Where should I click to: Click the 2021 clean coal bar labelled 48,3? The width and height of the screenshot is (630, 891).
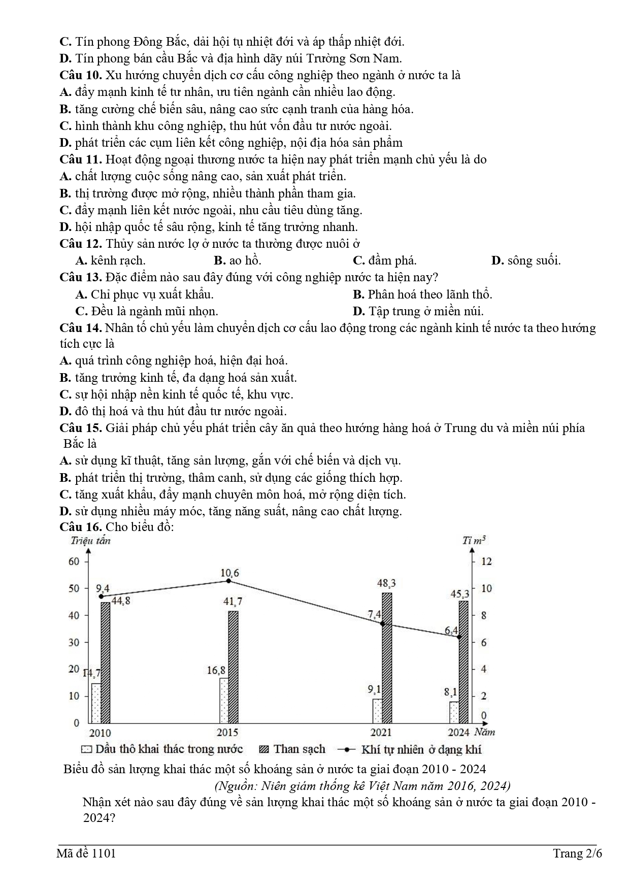(x=387, y=657)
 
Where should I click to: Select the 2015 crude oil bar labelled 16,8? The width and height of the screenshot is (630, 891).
(x=223, y=700)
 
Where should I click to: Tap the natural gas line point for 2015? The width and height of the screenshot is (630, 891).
(x=228, y=580)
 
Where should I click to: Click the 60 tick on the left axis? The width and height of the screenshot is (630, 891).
(x=74, y=561)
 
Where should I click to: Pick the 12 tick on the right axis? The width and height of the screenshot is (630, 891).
(x=486, y=561)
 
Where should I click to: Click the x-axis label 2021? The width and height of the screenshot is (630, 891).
(x=381, y=732)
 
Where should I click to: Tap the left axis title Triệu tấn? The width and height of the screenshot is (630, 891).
(x=90, y=540)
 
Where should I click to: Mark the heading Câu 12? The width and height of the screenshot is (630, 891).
(x=81, y=244)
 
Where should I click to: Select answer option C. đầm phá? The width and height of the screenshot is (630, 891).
(x=384, y=260)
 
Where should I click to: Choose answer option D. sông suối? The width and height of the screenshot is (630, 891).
(x=526, y=260)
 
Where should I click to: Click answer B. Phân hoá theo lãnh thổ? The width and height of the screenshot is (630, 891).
(x=422, y=294)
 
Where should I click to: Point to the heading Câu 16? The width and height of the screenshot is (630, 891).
(x=81, y=526)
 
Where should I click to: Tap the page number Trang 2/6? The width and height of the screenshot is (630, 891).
(x=577, y=853)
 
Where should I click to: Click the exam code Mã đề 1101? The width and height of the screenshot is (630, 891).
(x=86, y=853)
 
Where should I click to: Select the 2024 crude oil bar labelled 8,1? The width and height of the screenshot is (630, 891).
(x=454, y=712)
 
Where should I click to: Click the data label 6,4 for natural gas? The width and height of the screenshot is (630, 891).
(x=451, y=631)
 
